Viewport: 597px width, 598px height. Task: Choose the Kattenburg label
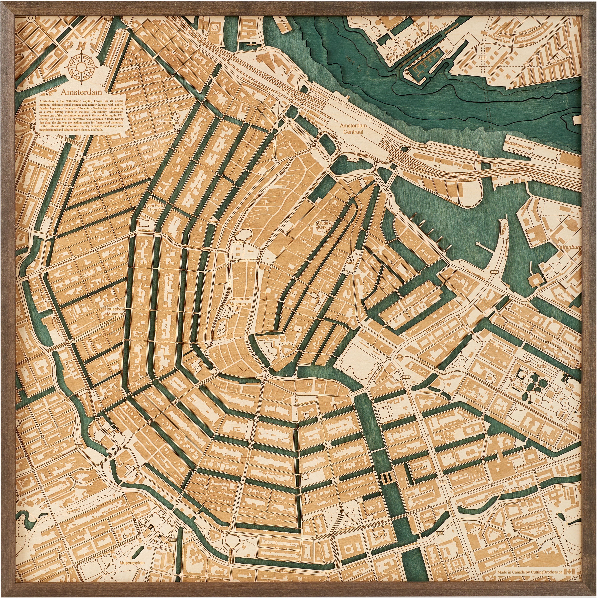569,248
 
